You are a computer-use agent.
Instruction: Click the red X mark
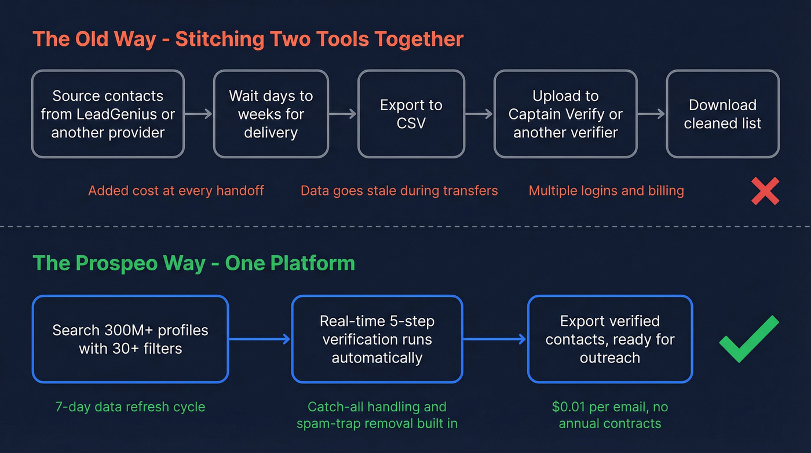(x=765, y=191)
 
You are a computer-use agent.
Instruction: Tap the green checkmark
(x=748, y=339)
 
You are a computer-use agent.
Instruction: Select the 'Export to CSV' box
(x=411, y=114)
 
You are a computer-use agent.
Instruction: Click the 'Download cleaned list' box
(x=722, y=114)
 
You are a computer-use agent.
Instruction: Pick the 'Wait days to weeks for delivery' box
(x=271, y=114)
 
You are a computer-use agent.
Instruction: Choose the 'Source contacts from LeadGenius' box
(x=108, y=114)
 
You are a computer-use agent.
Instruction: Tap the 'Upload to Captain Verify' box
(x=565, y=114)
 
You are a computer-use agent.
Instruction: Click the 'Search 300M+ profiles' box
(x=130, y=339)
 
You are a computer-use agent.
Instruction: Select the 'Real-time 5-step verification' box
(x=377, y=339)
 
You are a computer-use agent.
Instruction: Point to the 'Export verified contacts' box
(x=610, y=339)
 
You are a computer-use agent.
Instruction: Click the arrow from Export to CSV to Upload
(x=479, y=114)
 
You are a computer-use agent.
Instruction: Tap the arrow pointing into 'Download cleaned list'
(x=652, y=114)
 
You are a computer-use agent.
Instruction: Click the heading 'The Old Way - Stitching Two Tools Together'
(x=248, y=39)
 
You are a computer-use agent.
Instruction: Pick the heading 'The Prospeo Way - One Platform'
(x=193, y=263)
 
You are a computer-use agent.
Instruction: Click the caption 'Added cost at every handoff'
(x=176, y=191)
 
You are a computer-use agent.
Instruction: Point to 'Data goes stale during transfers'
(x=399, y=191)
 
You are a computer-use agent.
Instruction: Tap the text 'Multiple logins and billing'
(x=606, y=191)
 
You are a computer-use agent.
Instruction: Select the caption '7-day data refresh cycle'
(x=130, y=407)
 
